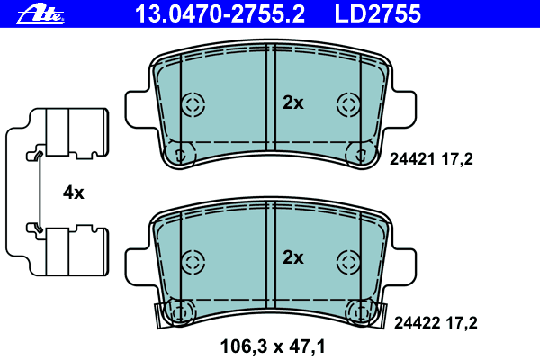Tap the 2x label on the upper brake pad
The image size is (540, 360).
click(x=293, y=103)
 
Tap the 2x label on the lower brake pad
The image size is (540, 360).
click(x=293, y=258)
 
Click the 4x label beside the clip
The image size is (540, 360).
click(x=73, y=193)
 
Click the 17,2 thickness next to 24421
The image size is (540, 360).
click(x=456, y=159)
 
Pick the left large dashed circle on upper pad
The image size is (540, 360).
click(x=193, y=103)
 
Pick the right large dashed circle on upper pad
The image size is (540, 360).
click(x=348, y=103)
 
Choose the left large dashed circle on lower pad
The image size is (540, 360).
click(x=193, y=262)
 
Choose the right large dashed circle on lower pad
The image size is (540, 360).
click(x=348, y=262)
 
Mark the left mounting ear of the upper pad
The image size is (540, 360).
click(x=135, y=105)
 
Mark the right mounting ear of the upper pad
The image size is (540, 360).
click(x=405, y=105)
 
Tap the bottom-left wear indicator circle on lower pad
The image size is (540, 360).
click(x=182, y=312)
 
